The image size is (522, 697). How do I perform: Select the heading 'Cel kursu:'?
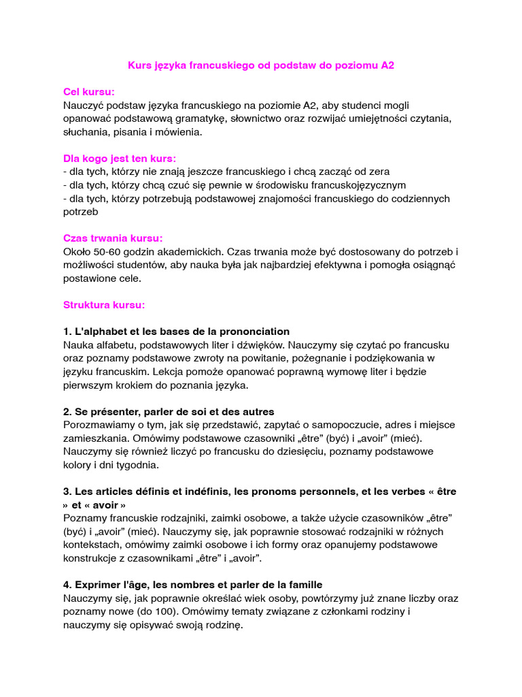pyautogui.click(x=89, y=92)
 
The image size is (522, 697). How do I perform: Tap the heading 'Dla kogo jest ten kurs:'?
pyautogui.click(x=120, y=159)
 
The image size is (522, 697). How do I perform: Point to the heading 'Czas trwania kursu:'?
pyautogui.click(x=113, y=238)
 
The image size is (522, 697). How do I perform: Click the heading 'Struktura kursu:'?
pyautogui.click(x=104, y=305)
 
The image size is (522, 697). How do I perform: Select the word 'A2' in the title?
pyautogui.click(x=387, y=65)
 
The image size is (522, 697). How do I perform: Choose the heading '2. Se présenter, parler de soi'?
pyautogui.click(x=169, y=411)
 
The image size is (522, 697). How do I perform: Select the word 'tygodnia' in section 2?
pyautogui.click(x=137, y=465)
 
